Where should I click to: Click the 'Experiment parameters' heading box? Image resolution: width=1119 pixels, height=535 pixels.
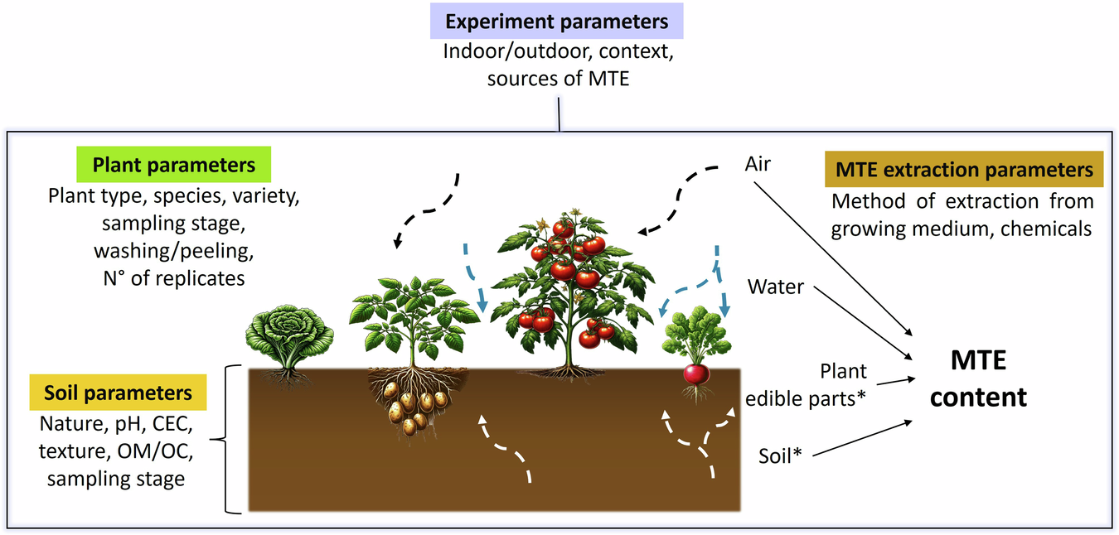coord(557,21)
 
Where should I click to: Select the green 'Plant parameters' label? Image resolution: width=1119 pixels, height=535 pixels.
coord(173,166)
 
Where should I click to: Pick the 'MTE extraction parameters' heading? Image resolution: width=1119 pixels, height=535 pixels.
coord(964,170)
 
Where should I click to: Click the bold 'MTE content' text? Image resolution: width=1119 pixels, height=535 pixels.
coord(978,379)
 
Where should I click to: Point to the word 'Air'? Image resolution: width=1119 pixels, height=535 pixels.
coord(758,164)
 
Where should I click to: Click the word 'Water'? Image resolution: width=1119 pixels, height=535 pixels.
coord(776,287)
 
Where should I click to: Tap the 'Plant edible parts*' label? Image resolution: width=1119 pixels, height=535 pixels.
coord(807,384)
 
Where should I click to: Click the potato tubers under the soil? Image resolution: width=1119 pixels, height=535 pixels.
coord(411,407)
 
